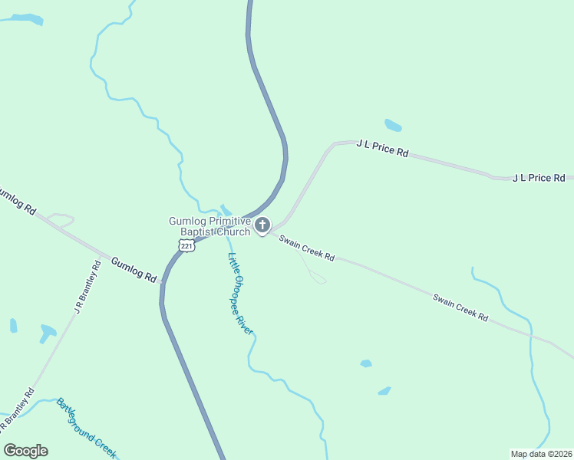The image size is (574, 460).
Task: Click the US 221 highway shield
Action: [x=185, y=245]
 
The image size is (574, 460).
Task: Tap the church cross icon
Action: [x=262, y=225]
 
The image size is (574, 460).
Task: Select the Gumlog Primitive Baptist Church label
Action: [x=209, y=226]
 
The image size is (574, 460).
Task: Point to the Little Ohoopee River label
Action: [x=240, y=293]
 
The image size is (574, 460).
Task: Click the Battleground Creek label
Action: [x=86, y=428]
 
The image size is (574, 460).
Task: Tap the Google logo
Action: [x=25, y=451]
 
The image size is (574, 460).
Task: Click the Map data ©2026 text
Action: [x=541, y=454]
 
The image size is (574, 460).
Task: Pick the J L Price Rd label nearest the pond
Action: [x=382, y=148]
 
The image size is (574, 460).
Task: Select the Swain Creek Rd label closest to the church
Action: [x=306, y=247]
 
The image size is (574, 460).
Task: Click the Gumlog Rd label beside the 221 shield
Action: [x=134, y=268]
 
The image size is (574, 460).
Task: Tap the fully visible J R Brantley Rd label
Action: [x=87, y=287]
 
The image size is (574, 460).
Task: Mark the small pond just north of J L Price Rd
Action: [x=392, y=125]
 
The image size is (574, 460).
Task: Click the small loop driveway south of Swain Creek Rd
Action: [x=318, y=278]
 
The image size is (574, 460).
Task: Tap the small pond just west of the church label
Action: [x=225, y=209]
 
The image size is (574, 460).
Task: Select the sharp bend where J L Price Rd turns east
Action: [x=332, y=144]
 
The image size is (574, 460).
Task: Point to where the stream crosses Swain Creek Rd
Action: [x=530, y=334]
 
